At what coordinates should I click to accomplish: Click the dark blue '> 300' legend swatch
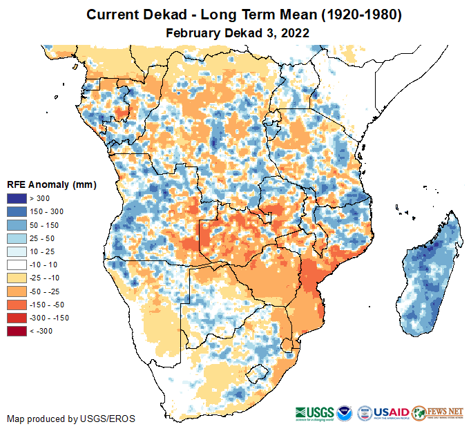point(17,199)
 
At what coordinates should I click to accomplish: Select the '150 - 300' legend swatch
point(17,212)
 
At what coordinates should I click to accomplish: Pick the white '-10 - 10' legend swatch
point(17,265)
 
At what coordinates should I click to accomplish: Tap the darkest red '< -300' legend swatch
point(17,331)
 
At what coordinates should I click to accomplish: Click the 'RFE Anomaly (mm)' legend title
point(52,185)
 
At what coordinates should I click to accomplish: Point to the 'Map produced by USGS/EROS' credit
point(71,419)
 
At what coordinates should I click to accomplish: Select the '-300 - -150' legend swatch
point(17,318)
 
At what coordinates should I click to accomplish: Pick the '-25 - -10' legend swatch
point(17,278)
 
